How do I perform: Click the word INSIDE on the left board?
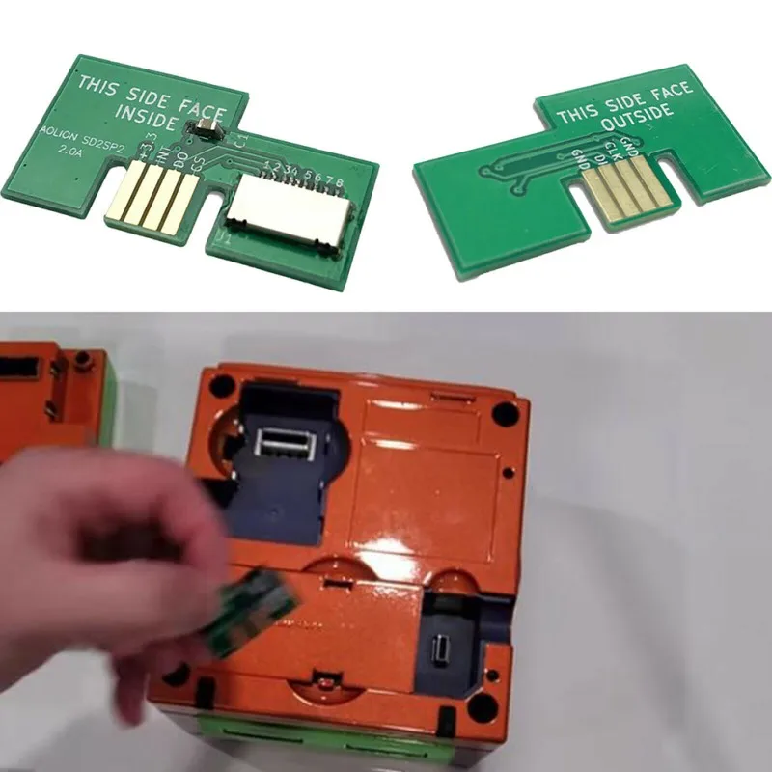pos(144,116)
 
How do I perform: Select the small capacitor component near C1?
pos(206,126)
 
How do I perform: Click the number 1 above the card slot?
pos(266,167)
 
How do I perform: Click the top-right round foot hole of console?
pos(503,414)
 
